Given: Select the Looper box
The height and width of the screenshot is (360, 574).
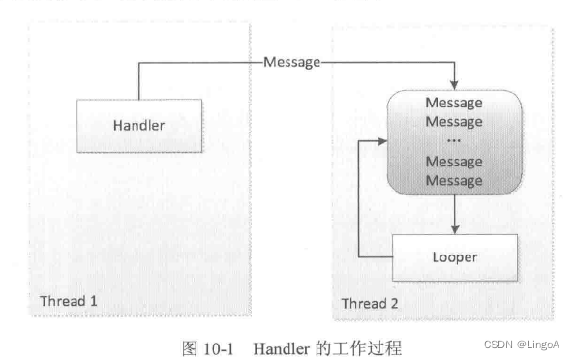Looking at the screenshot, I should [x=454, y=258].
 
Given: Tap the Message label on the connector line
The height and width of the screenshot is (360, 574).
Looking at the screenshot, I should [x=291, y=63].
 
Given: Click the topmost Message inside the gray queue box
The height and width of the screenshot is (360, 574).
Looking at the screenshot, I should [x=454, y=104].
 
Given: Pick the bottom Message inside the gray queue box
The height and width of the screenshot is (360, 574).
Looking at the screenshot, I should [x=454, y=180].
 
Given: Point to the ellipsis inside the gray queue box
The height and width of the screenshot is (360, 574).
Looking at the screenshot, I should [x=454, y=142].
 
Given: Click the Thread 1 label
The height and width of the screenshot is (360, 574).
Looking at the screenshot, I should [x=69, y=302].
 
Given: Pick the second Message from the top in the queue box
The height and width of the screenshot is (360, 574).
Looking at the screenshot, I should [x=454, y=122].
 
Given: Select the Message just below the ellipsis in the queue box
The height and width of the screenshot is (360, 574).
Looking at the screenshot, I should [x=454, y=162].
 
